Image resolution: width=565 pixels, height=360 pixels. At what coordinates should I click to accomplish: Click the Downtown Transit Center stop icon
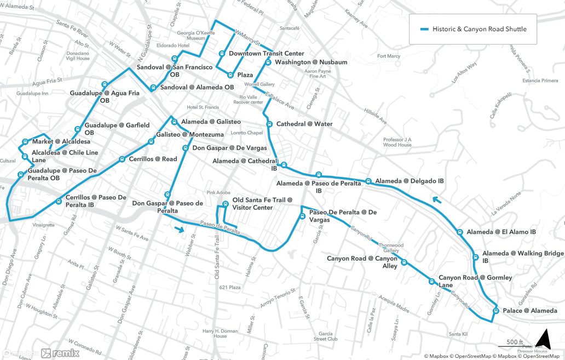coord(222,54)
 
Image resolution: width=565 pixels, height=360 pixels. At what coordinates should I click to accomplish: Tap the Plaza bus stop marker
coord(230,75)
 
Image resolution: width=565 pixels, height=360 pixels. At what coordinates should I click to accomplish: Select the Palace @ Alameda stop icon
coord(495,311)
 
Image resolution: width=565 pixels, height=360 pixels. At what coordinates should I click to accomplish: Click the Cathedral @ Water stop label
coord(304,124)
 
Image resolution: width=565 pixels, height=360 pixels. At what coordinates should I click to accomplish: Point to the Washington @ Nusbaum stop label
coord(311,62)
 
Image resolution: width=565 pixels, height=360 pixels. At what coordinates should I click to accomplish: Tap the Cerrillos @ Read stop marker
coord(122,159)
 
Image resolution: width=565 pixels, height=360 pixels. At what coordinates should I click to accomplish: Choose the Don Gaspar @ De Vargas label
coord(229,148)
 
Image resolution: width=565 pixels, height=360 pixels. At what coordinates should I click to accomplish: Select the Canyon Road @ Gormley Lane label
coord(475,281)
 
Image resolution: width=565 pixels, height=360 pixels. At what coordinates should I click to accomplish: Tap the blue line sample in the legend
coord(424,29)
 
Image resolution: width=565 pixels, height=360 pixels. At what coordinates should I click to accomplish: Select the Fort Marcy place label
coord(389,56)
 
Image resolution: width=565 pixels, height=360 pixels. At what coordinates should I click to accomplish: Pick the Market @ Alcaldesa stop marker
coord(25,142)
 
